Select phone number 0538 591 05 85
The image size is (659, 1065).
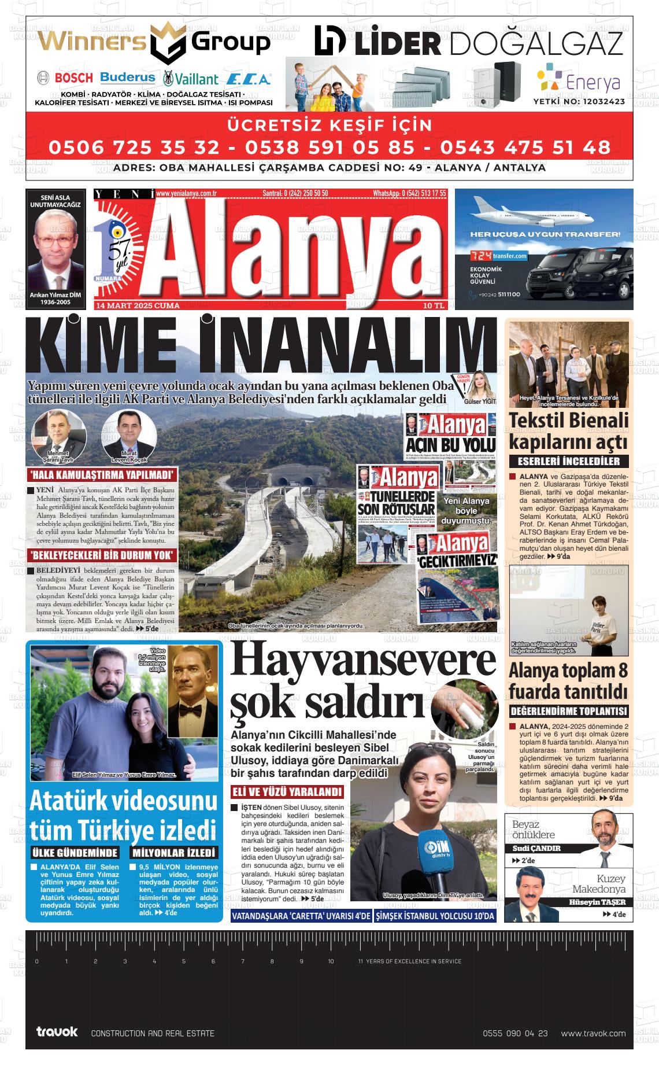329,147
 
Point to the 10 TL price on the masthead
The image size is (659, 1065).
433,305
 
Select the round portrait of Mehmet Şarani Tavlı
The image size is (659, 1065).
58,434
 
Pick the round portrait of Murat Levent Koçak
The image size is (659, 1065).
129,434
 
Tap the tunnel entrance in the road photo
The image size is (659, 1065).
293,481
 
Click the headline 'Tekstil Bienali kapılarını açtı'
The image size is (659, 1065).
568,431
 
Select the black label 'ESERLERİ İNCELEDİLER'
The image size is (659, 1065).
568,462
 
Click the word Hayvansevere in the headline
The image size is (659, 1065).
363,659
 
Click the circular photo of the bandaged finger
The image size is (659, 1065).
465,709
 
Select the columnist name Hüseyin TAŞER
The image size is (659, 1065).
597,902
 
